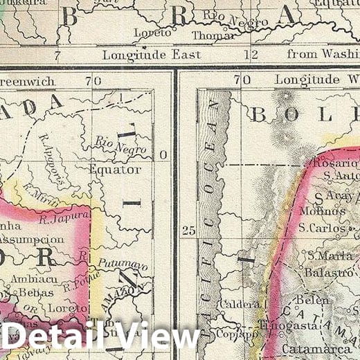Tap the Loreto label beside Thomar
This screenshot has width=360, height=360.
[154, 33]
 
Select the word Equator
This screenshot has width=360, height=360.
[115, 170]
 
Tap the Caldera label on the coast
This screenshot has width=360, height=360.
[239, 304]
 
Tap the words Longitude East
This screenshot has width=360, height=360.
[152, 54]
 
